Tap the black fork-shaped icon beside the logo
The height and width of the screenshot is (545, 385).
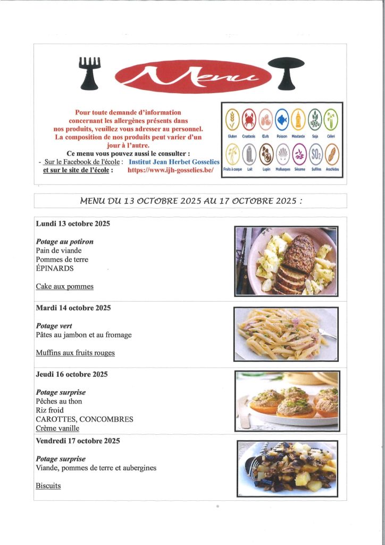[x=89, y=72]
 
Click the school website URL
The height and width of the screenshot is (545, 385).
[x=171, y=170]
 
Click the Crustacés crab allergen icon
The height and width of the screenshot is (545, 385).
[x=249, y=119]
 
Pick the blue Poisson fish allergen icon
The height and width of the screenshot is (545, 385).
[x=281, y=119]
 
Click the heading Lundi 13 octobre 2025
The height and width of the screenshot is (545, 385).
[x=73, y=224]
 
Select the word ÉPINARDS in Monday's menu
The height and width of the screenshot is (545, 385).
[x=55, y=269]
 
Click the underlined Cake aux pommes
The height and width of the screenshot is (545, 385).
[x=64, y=286]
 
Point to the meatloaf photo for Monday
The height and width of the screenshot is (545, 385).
[x=286, y=261]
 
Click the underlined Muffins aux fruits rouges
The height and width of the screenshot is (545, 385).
[x=75, y=352]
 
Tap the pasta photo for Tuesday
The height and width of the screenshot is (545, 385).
[x=286, y=334]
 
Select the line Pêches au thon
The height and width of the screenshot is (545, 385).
[x=59, y=401]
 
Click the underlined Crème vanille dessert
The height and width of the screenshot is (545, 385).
[x=57, y=428]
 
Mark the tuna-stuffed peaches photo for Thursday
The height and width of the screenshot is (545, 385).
[x=287, y=401]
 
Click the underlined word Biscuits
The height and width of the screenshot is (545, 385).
[x=48, y=485]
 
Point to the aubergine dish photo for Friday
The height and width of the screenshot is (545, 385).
[x=287, y=468]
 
